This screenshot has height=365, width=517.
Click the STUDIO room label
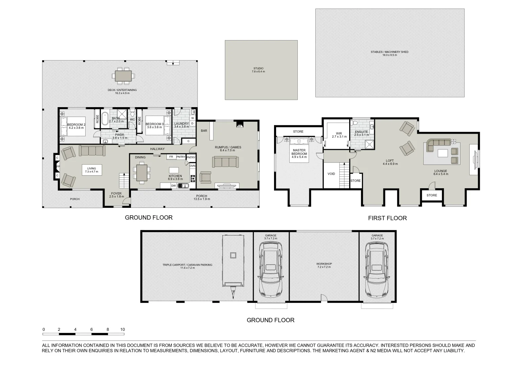pos(258,68)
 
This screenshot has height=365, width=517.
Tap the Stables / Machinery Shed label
pos(389,52)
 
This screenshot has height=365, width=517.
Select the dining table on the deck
pos(123,76)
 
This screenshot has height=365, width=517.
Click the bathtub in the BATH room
pos(105,119)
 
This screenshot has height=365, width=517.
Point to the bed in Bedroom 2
pos(73,127)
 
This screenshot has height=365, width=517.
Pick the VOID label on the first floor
pos(331,174)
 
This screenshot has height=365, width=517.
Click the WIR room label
pos(339,133)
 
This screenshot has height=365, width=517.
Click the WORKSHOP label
pos(324,264)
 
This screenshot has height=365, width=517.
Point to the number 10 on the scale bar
pos(122,330)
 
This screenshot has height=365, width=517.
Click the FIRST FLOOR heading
pos(387,218)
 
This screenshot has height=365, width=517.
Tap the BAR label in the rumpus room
pos(204,131)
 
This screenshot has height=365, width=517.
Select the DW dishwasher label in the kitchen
pos(174,186)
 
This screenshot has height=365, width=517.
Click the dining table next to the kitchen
pos(142,173)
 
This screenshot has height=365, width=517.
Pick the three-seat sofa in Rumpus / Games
pos(225,162)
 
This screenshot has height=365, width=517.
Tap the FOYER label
pos(116,194)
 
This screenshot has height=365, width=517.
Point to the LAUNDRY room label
pos(181,124)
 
